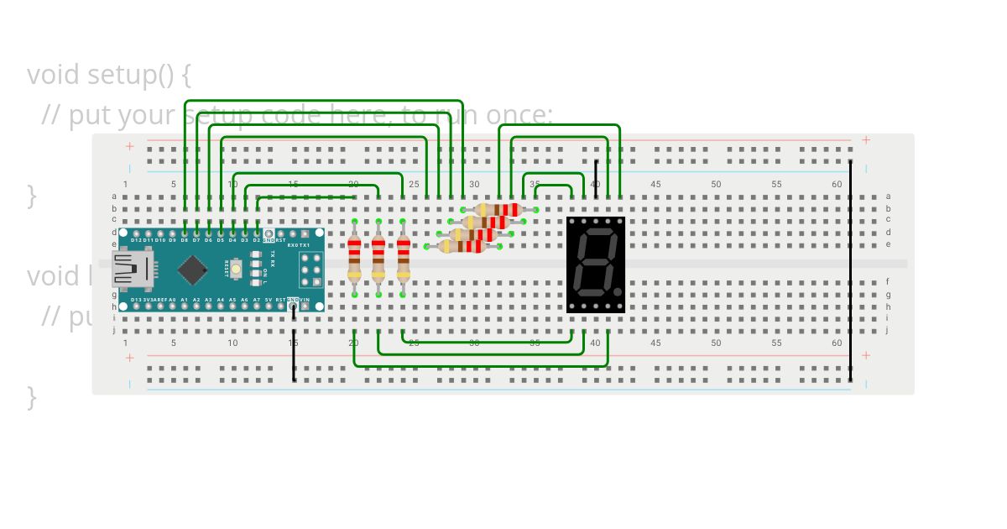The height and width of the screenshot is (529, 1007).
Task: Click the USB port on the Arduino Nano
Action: click(132, 269)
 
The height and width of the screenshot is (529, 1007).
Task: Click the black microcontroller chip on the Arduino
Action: click(193, 270)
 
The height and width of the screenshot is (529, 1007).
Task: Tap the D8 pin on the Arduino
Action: click(184, 233)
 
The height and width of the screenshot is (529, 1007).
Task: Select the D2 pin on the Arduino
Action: click(257, 233)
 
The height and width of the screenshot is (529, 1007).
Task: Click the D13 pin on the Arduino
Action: click(135, 306)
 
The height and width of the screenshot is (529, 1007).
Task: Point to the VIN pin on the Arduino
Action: click(305, 306)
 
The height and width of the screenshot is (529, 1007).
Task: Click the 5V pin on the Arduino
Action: click(269, 306)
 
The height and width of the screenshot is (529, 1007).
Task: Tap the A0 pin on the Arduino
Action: click(172, 306)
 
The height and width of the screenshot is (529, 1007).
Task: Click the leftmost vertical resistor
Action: click(354, 257)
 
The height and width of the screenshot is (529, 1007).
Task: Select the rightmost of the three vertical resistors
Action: click(404, 257)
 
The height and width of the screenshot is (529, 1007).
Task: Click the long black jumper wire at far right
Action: click(850, 269)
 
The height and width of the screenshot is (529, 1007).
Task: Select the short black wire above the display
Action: click(596, 179)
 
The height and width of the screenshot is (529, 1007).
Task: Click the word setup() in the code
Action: click(131, 75)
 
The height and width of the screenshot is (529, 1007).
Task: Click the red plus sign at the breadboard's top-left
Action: click(130, 146)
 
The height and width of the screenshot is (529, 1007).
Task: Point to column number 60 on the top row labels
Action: click(837, 184)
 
